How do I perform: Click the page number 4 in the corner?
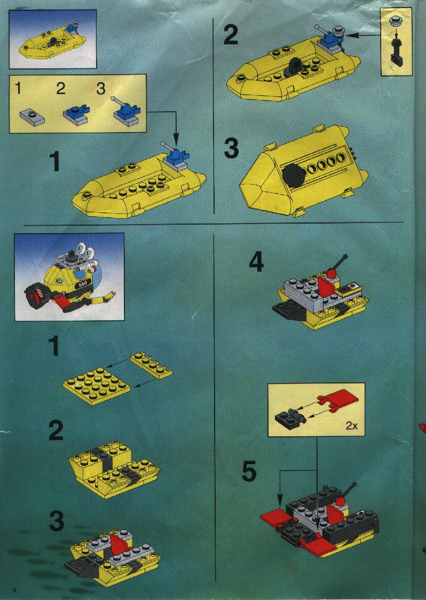pyautogui.click(x=14, y=589)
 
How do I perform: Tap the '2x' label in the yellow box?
pyautogui.click(x=351, y=426)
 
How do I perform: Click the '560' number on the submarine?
pyautogui.click(x=82, y=283)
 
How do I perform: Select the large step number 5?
pyautogui.click(x=249, y=472)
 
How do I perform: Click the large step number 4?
pyautogui.click(x=256, y=263)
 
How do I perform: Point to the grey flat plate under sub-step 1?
pyautogui.click(x=32, y=116)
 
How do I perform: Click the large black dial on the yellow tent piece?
pyautogui.click(x=294, y=175)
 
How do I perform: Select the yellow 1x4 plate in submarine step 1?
pyautogui.click(x=151, y=366)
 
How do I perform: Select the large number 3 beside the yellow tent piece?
pyautogui.click(x=231, y=149)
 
